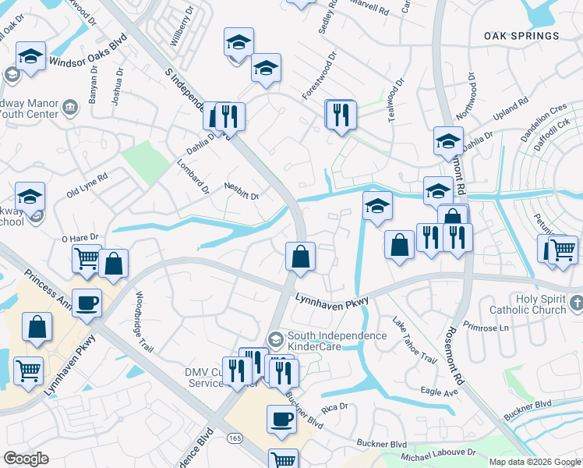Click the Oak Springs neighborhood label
[521, 36]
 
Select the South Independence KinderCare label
[337, 340]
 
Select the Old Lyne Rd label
[87, 187]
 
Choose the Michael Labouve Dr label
[438, 452]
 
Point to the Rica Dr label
[334, 407]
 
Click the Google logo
[26, 459]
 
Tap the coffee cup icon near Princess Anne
[87, 303]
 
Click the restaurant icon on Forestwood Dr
[341, 115]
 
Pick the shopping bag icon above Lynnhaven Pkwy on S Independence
[300, 256]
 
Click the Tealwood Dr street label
[397, 100]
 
